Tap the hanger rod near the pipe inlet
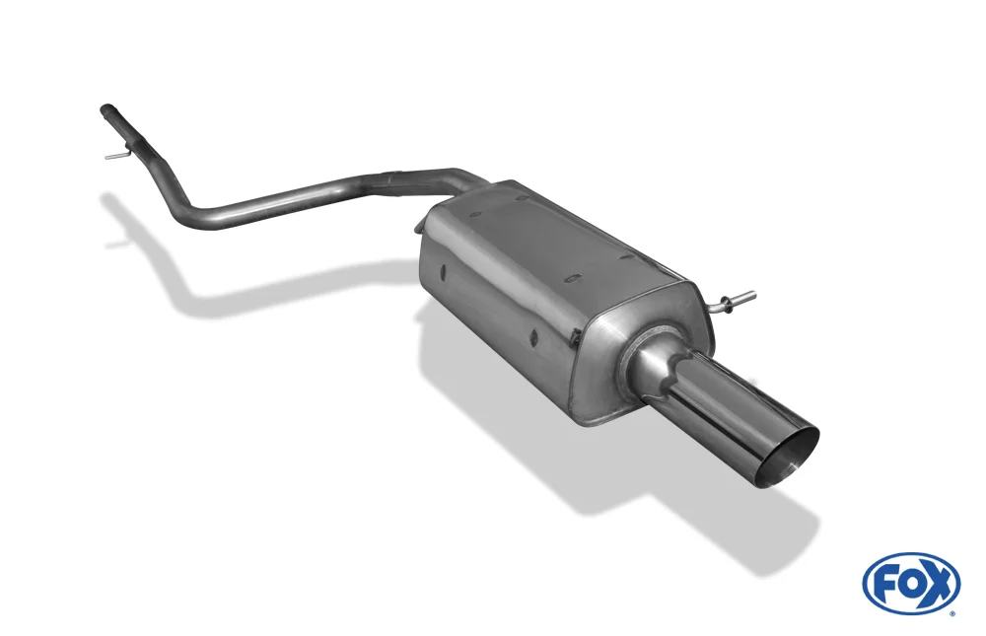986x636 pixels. (117, 153)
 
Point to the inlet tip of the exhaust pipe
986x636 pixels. (106, 110)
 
